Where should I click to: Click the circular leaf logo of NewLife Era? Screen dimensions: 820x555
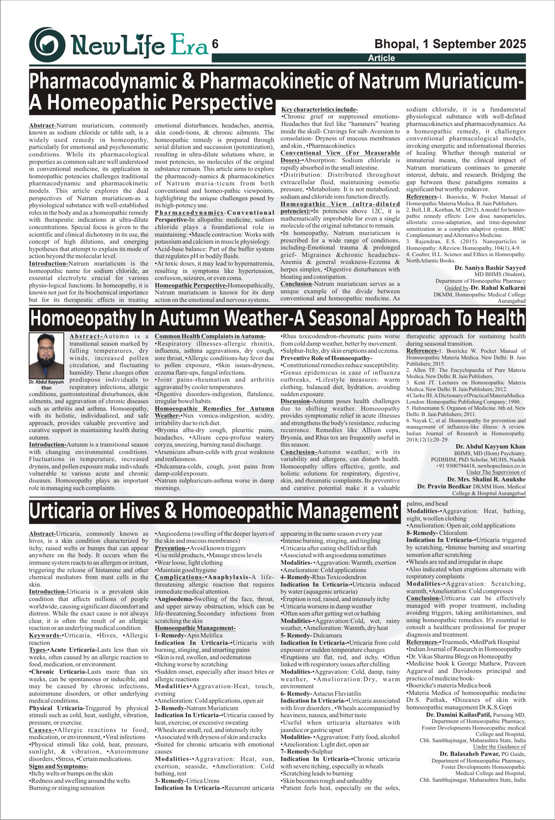click(x=47, y=45)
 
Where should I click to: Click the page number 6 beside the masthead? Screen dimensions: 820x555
click(x=215, y=44)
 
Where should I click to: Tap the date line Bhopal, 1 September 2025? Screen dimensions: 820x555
click(x=450, y=44)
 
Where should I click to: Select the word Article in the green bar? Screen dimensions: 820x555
click(x=381, y=58)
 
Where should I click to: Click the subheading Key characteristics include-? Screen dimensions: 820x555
click(x=320, y=109)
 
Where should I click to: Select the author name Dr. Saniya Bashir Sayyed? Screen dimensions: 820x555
click(x=490, y=268)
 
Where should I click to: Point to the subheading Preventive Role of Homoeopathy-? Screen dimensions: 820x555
click(x=326, y=358)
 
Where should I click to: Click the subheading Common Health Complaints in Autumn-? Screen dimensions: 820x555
click(x=210, y=336)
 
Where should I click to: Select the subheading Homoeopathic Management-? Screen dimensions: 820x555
click(x=195, y=628)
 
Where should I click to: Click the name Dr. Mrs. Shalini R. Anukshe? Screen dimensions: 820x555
click(x=486, y=479)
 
